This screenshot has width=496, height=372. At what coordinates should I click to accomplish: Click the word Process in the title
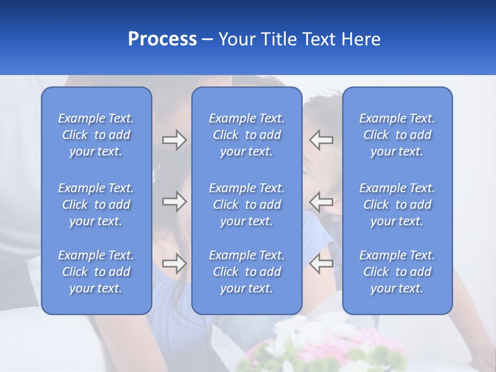click(x=162, y=39)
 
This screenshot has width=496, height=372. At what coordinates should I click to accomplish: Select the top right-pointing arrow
click(x=174, y=140)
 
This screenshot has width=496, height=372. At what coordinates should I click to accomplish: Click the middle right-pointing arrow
click(x=174, y=202)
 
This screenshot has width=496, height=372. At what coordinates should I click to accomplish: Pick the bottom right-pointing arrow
click(x=174, y=263)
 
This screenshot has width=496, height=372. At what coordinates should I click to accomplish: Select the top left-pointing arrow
click(x=321, y=140)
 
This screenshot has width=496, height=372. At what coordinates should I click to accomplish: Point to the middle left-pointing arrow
click(x=321, y=202)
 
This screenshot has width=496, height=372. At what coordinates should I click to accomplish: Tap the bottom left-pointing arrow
click(x=321, y=263)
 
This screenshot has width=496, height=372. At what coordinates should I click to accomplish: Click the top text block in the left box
click(x=96, y=135)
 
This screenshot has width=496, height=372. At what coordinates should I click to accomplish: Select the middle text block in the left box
click(x=96, y=205)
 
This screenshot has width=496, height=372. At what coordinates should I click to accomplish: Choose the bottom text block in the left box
click(x=96, y=272)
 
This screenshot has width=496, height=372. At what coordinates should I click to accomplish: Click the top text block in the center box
click(x=246, y=135)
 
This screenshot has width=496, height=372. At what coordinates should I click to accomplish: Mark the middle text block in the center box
click(x=246, y=205)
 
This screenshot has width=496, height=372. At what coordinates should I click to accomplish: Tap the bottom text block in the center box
click(x=246, y=272)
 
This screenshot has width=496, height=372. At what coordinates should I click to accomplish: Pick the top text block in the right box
click(x=397, y=135)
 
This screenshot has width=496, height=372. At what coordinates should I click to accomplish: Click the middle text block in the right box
click(x=397, y=205)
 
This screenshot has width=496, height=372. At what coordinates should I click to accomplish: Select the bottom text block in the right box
click(x=397, y=272)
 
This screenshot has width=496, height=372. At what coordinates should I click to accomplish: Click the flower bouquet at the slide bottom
click(x=331, y=346)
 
